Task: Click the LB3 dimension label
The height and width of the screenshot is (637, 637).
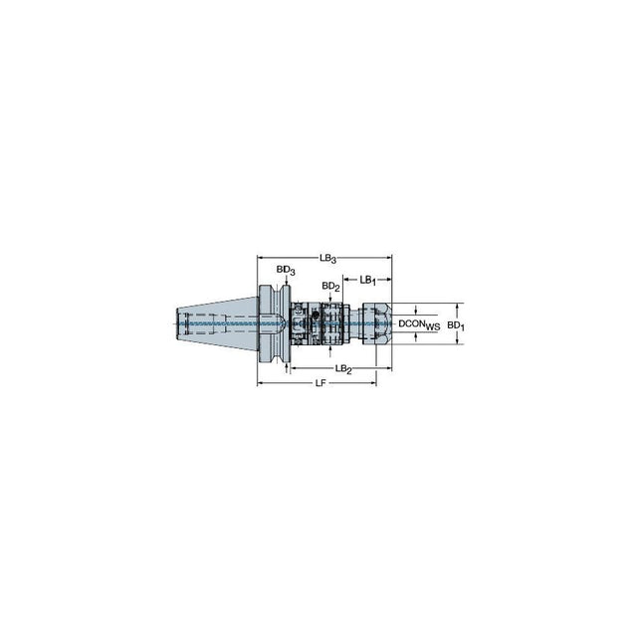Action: pos(327,259)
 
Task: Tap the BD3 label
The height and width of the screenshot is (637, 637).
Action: pos(286,270)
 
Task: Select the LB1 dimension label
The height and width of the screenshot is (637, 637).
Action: pos(367,280)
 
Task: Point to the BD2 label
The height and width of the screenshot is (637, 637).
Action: pos(330,287)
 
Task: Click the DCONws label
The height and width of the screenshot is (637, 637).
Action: pos(419,324)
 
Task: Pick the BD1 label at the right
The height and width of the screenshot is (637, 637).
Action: pos(456,325)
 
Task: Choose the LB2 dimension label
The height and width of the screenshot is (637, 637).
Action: pos(343,369)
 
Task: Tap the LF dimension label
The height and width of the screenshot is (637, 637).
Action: pos(320,383)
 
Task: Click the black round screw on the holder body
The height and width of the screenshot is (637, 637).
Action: pos(315,315)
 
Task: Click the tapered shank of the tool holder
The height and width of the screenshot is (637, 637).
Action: pos(217,323)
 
